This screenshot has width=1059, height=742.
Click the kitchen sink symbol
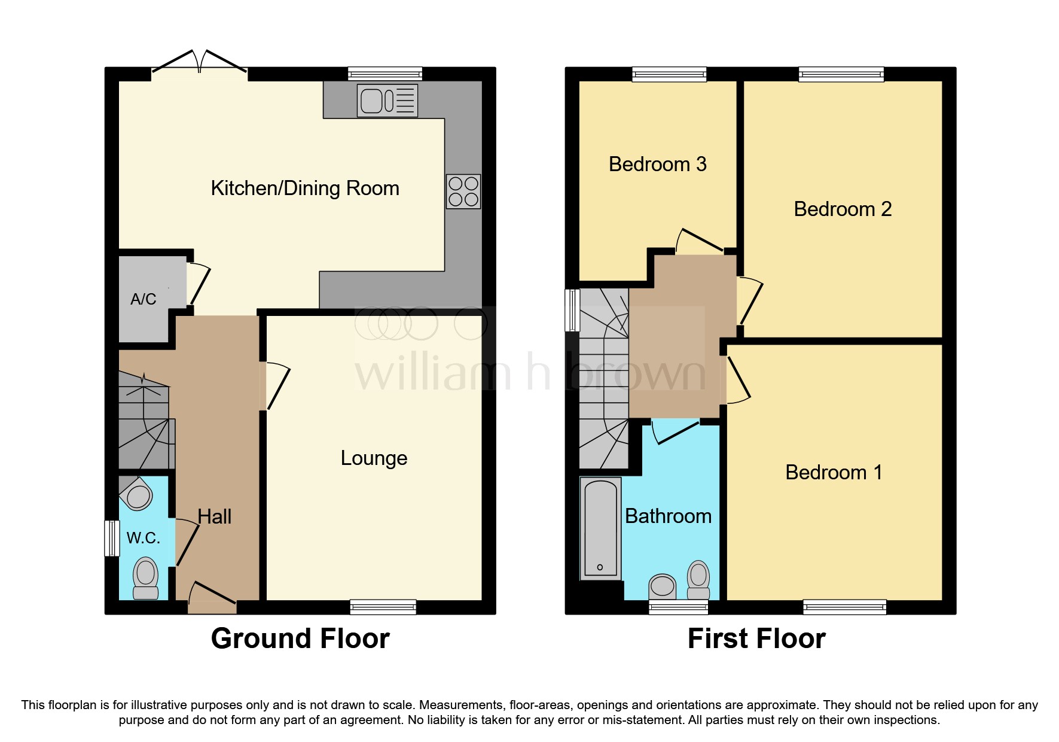point(387,100)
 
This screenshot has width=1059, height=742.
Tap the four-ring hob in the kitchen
point(463,191)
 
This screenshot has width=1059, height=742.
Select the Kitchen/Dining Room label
point(305,188)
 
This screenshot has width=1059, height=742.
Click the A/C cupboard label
point(144,299)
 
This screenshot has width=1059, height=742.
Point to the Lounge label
point(374,458)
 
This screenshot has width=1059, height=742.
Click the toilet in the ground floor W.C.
point(145,577)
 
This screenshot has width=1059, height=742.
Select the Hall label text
point(214,517)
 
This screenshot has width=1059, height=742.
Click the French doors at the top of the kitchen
point(199,63)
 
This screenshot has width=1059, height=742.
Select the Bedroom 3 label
point(657,165)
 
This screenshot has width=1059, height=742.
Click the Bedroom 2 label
point(842,209)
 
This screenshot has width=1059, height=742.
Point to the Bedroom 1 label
point(834,473)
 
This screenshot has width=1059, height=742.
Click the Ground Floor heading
point(300,638)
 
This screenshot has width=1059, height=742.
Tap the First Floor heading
point(756,638)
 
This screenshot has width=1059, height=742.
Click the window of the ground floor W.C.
point(112,539)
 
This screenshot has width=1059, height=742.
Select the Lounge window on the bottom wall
point(383,607)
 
